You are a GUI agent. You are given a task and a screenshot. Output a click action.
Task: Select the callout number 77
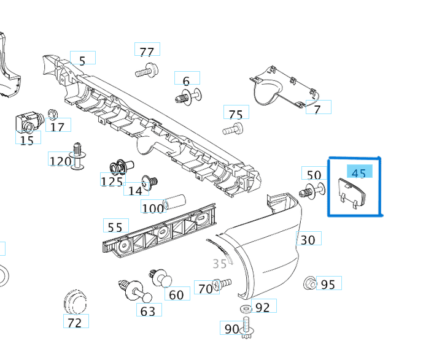tap(147, 51)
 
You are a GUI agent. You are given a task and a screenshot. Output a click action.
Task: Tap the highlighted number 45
tap(359, 173)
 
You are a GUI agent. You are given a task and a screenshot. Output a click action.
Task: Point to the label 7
tap(317, 109)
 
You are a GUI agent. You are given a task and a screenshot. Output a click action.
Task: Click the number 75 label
tap(236, 113)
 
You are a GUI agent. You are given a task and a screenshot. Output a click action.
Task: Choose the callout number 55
tap(115, 226)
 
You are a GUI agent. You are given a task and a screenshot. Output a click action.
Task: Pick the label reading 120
tap(60, 161)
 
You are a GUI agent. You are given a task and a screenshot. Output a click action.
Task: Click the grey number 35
tap(220, 264)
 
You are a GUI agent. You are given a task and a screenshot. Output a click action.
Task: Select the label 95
tap(328, 284)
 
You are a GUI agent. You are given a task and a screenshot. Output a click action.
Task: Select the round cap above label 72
tap(75, 302)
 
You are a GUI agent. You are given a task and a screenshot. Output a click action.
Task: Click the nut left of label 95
tap(310, 283)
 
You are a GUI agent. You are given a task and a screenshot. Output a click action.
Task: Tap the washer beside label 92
tap(244, 307)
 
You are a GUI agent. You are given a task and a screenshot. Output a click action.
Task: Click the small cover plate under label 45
tap(351, 191)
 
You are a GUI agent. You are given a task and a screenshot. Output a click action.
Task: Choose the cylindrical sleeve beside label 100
tap(176, 201)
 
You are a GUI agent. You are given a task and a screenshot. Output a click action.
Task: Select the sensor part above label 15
tap(27, 121)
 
